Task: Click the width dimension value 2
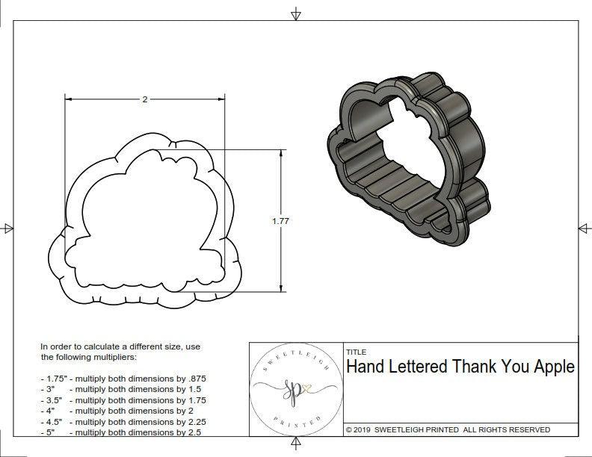coord(144,99)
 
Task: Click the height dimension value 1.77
coord(280,221)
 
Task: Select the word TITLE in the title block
coord(356,352)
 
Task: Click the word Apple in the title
coord(552,367)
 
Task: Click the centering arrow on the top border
coord(297,13)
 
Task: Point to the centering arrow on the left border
coord(7,228)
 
